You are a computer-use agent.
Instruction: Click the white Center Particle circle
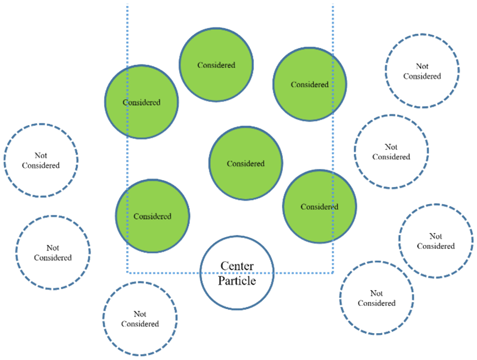click(236, 272)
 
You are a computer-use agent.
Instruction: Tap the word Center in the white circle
click(236, 266)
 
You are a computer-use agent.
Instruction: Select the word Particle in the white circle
click(237, 280)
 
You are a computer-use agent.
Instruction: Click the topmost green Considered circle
click(216, 64)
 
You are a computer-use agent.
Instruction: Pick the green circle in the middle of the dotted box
click(245, 163)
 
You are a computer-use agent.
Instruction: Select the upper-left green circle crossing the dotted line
click(141, 102)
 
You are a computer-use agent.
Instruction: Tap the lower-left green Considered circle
click(152, 216)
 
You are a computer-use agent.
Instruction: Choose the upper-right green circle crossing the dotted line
click(310, 84)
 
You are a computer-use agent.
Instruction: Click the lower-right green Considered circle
click(319, 207)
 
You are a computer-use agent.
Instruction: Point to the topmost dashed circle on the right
click(422, 71)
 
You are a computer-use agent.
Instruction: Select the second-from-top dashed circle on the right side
click(391, 151)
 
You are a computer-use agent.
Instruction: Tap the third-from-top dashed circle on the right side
click(435, 241)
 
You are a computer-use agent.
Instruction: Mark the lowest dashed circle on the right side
click(376, 298)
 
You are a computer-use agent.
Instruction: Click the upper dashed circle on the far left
click(41, 160)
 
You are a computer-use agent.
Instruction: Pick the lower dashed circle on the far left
click(53, 253)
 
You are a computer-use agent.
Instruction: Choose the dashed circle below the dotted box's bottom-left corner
click(140, 319)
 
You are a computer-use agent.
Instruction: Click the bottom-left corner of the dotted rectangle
click(128, 273)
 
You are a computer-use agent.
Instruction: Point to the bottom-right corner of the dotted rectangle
click(333, 273)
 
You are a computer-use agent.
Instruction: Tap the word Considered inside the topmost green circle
click(216, 65)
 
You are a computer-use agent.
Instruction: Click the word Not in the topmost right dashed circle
click(422, 66)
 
